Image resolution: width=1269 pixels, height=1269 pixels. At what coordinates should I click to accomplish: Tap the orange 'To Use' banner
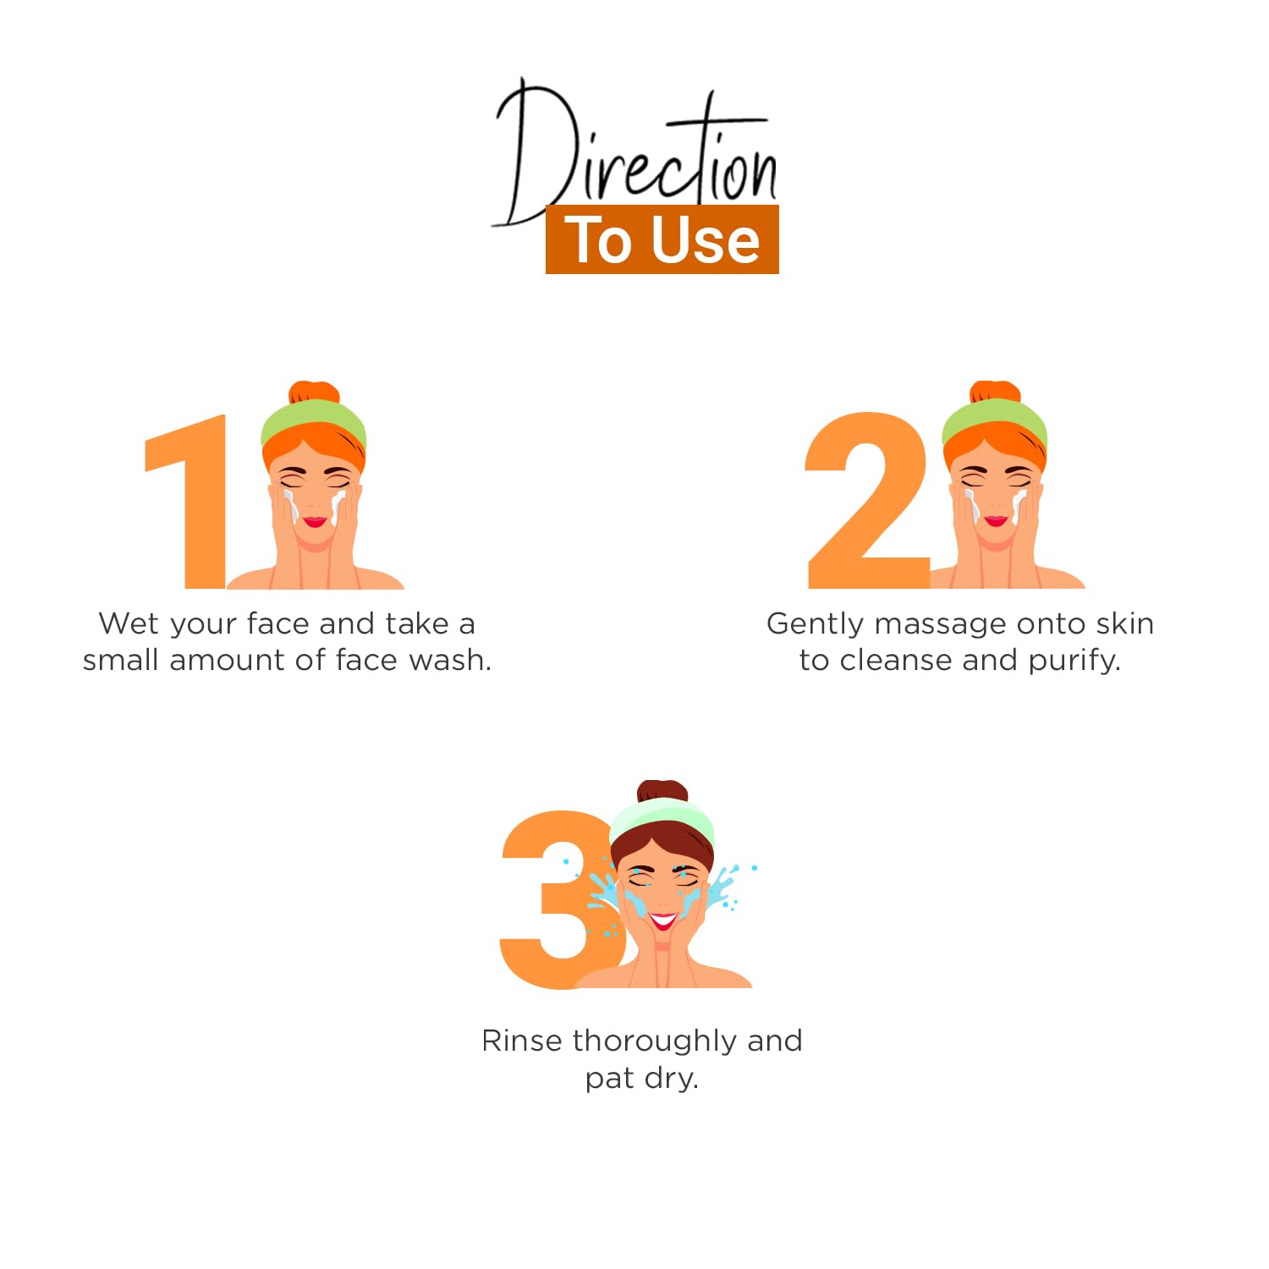[662, 239]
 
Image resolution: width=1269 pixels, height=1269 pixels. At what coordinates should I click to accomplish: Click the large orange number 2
[867, 500]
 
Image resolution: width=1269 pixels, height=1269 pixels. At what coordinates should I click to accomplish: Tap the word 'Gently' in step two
[816, 624]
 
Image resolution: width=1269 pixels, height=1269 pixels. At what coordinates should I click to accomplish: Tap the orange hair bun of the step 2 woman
[995, 392]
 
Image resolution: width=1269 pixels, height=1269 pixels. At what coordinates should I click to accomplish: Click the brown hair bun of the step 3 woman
[662, 791]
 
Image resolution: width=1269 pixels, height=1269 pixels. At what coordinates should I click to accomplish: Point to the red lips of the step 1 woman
[315, 521]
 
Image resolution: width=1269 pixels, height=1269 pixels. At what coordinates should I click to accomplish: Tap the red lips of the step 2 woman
[996, 520]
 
